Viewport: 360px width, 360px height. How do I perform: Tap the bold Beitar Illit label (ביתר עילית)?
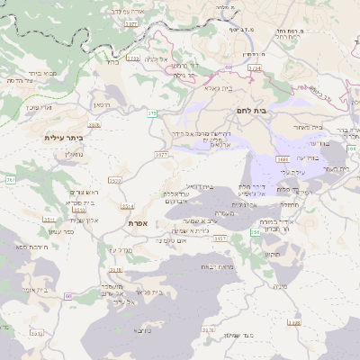63,138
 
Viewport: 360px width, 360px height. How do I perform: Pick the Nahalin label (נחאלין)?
74,155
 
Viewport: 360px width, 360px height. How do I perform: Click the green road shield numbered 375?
153,113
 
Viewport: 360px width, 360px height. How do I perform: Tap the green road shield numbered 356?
255,232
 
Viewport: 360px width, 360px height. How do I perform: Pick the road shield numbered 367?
11,180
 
